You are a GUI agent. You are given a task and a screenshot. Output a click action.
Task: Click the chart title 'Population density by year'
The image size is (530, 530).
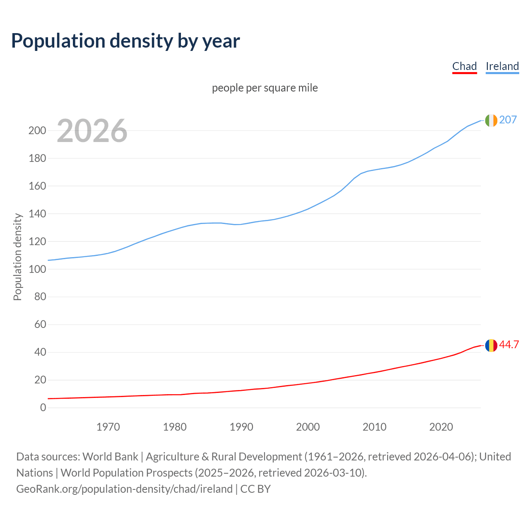[125, 41]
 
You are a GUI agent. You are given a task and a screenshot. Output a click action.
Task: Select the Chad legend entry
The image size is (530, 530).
[464, 66]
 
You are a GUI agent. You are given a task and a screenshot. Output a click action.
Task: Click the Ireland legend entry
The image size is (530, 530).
[502, 66]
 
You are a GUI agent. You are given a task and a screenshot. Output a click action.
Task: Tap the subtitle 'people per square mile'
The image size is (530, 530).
[265, 88]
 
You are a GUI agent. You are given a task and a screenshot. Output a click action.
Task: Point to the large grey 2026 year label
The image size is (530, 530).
[92, 131]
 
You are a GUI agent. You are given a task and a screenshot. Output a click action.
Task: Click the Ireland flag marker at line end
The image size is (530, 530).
[491, 120]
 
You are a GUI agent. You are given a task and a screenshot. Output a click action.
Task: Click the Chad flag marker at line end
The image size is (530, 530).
[491, 345]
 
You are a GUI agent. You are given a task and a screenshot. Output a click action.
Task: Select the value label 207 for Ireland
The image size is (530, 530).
[508, 120]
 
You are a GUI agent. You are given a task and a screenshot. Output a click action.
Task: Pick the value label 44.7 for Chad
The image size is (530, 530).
[509, 345]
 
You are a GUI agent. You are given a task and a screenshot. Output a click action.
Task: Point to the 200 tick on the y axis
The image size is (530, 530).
[37, 131]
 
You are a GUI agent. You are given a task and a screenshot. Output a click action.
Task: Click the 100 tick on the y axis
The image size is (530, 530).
[37, 269]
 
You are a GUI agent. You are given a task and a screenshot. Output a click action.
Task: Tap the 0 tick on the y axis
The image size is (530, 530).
[43, 408]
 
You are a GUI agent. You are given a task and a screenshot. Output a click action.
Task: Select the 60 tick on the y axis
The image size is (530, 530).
[40, 325]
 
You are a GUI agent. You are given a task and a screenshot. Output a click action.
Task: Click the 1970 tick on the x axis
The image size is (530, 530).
[108, 427]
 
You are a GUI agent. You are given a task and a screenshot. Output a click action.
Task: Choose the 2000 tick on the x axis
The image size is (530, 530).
[308, 427]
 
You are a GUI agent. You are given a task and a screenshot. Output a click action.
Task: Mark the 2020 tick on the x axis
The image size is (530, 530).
[441, 427]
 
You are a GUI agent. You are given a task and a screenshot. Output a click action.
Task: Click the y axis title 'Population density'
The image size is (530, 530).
[17, 257]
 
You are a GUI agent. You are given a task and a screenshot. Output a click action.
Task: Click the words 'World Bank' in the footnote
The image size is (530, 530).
[110, 457]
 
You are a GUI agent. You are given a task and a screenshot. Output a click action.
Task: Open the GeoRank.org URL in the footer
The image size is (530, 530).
[124, 489]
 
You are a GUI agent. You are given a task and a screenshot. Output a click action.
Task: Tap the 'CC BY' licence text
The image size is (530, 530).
[255, 489]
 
